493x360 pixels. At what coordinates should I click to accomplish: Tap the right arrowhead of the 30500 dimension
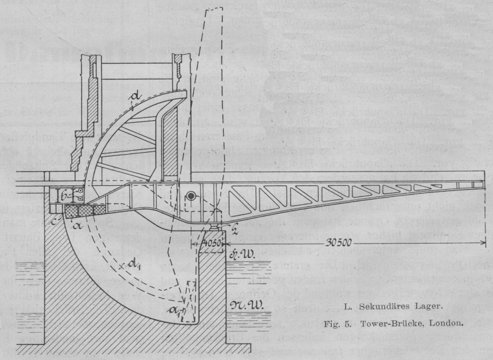[485, 244]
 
